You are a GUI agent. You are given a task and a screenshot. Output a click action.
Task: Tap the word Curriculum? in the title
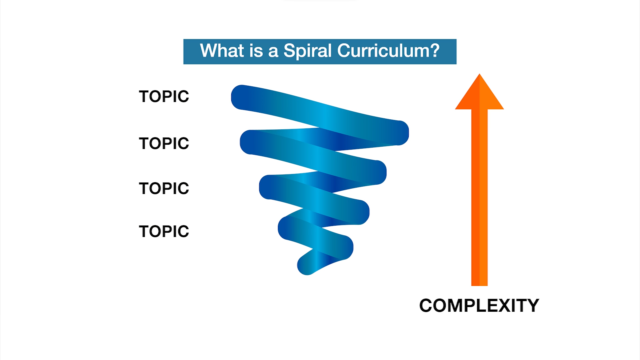[x=388, y=51]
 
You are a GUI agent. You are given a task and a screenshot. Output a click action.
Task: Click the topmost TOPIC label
[x=164, y=97]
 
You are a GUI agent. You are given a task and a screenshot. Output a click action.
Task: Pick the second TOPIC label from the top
[x=164, y=144]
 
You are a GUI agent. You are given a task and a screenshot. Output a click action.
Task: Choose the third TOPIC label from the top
[x=164, y=189]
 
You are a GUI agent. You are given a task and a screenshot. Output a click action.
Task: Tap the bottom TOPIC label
[x=164, y=232]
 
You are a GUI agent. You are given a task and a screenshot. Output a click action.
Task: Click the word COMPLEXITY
[x=479, y=306]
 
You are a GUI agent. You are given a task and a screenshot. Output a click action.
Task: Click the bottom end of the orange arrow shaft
[x=479, y=285]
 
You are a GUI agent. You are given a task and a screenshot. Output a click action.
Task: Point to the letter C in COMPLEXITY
[x=427, y=306]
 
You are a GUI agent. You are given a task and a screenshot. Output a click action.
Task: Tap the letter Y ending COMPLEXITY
[x=532, y=306]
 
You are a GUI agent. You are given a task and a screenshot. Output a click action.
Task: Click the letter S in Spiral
[x=290, y=51]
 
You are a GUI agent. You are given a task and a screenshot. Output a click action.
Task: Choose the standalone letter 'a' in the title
[x=273, y=53]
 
